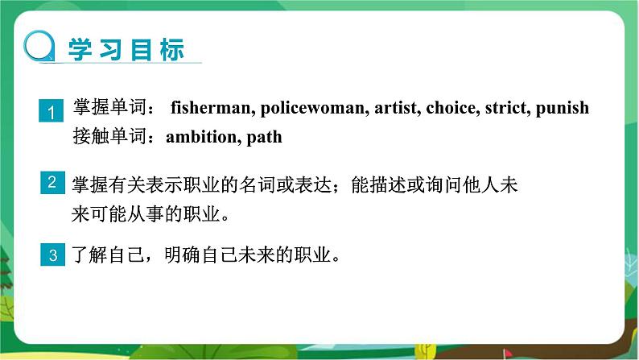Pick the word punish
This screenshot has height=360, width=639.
(x=563, y=109)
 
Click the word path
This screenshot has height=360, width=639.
(x=265, y=138)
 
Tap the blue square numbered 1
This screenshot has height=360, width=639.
(x=51, y=110)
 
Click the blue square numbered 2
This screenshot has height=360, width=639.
(x=52, y=182)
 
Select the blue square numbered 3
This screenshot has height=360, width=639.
(x=52, y=254)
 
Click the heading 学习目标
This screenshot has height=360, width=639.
(x=126, y=50)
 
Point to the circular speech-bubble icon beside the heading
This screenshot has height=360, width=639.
(x=39, y=46)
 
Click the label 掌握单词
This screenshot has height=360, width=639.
(x=110, y=107)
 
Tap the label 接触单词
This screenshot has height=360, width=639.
(x=110, y=136)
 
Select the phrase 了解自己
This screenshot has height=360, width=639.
(x=108, y=254)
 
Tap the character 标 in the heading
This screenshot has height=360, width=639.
(x=172, y=50)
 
